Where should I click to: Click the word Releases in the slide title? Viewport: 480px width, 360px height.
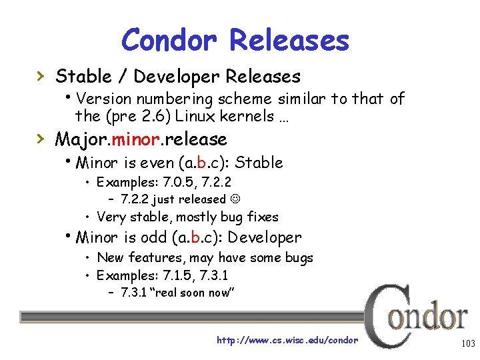coord(289,40)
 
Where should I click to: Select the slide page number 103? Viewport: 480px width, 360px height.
coord(467,344)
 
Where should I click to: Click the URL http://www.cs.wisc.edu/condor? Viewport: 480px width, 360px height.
coord(287,340)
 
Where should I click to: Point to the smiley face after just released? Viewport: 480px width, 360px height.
coord(236,199)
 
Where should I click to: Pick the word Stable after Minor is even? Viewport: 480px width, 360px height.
coord(259,163)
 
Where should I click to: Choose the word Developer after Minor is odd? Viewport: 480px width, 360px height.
coord(265,237)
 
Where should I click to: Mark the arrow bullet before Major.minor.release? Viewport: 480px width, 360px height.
coord(41,139)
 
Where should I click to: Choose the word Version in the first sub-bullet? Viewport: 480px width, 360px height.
coord(105,99)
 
